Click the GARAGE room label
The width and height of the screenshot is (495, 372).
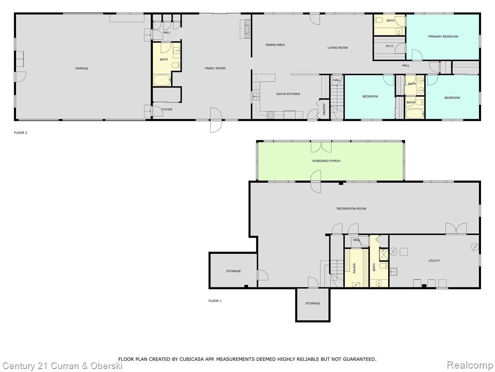(81, 68)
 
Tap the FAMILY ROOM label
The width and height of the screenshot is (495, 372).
(215, 68)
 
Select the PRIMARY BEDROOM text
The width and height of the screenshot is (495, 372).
(443, 37)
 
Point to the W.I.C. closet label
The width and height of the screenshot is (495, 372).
(390, 46)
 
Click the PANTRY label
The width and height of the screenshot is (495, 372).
(324, 109)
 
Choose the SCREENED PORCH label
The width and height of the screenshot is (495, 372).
(326, 161)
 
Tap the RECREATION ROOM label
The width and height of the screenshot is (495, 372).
(351, 209)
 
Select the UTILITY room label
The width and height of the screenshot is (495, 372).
(434, 261)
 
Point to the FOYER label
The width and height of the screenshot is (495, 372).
(167, 109)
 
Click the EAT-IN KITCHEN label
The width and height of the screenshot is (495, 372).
(288, 94)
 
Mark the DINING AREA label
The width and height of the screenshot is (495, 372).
(275, 45)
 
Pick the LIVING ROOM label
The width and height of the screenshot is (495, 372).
(337, 48)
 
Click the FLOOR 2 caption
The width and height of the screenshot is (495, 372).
(20, 133)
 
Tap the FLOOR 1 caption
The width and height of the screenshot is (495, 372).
(215, 301)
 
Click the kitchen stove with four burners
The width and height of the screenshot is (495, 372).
(271, 115)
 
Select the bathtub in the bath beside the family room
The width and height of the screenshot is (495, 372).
(162, 80)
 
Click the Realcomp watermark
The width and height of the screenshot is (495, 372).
(470, 365)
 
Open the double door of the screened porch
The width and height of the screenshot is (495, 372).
(321, 147)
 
